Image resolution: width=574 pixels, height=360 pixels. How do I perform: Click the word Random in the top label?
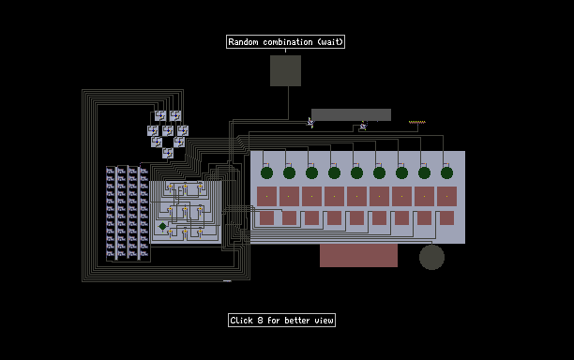pos(243,42)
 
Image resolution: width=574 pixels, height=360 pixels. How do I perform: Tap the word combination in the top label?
pos(288,42)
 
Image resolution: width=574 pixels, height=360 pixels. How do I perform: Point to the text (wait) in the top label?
pos(330,42)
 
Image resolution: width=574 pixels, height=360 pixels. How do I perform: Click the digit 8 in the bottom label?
pos(260,321)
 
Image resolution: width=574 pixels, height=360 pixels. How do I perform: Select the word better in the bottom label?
pos(297,321)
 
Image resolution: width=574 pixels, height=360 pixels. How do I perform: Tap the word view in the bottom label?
pos(324,321)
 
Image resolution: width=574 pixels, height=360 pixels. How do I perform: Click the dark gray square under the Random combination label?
pos(285,70)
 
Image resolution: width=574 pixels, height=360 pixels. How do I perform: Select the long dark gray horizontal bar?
pos(351,114)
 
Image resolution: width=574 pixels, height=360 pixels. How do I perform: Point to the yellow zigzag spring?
pos(417,122)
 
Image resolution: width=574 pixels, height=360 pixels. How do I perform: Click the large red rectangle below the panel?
pos(358,255)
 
